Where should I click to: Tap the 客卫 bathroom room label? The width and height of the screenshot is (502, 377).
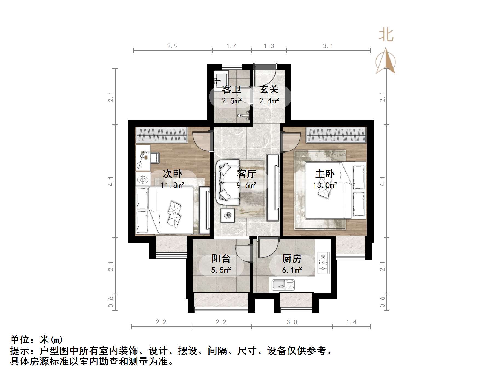(231, 89)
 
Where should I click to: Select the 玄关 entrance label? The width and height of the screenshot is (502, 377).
(269, 89)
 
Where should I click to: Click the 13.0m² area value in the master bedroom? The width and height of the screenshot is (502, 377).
(325, 185)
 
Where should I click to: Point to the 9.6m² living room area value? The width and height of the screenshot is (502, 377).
(246, 185)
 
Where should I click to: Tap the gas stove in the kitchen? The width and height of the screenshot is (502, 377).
(323, 263)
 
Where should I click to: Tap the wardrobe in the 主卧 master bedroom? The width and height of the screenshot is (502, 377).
(336, 135)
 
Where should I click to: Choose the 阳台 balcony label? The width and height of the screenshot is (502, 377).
(221, 259)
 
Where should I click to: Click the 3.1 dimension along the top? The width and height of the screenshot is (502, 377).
(328, 46)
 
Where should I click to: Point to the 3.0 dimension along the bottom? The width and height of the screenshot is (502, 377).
(292, 322)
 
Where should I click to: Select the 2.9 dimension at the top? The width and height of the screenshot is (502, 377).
(172, 46)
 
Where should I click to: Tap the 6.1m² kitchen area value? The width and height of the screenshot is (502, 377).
(292, 270)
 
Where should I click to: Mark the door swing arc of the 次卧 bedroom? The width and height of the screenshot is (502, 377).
(201, 140)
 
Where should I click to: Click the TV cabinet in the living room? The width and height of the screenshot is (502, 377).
(273, 188)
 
